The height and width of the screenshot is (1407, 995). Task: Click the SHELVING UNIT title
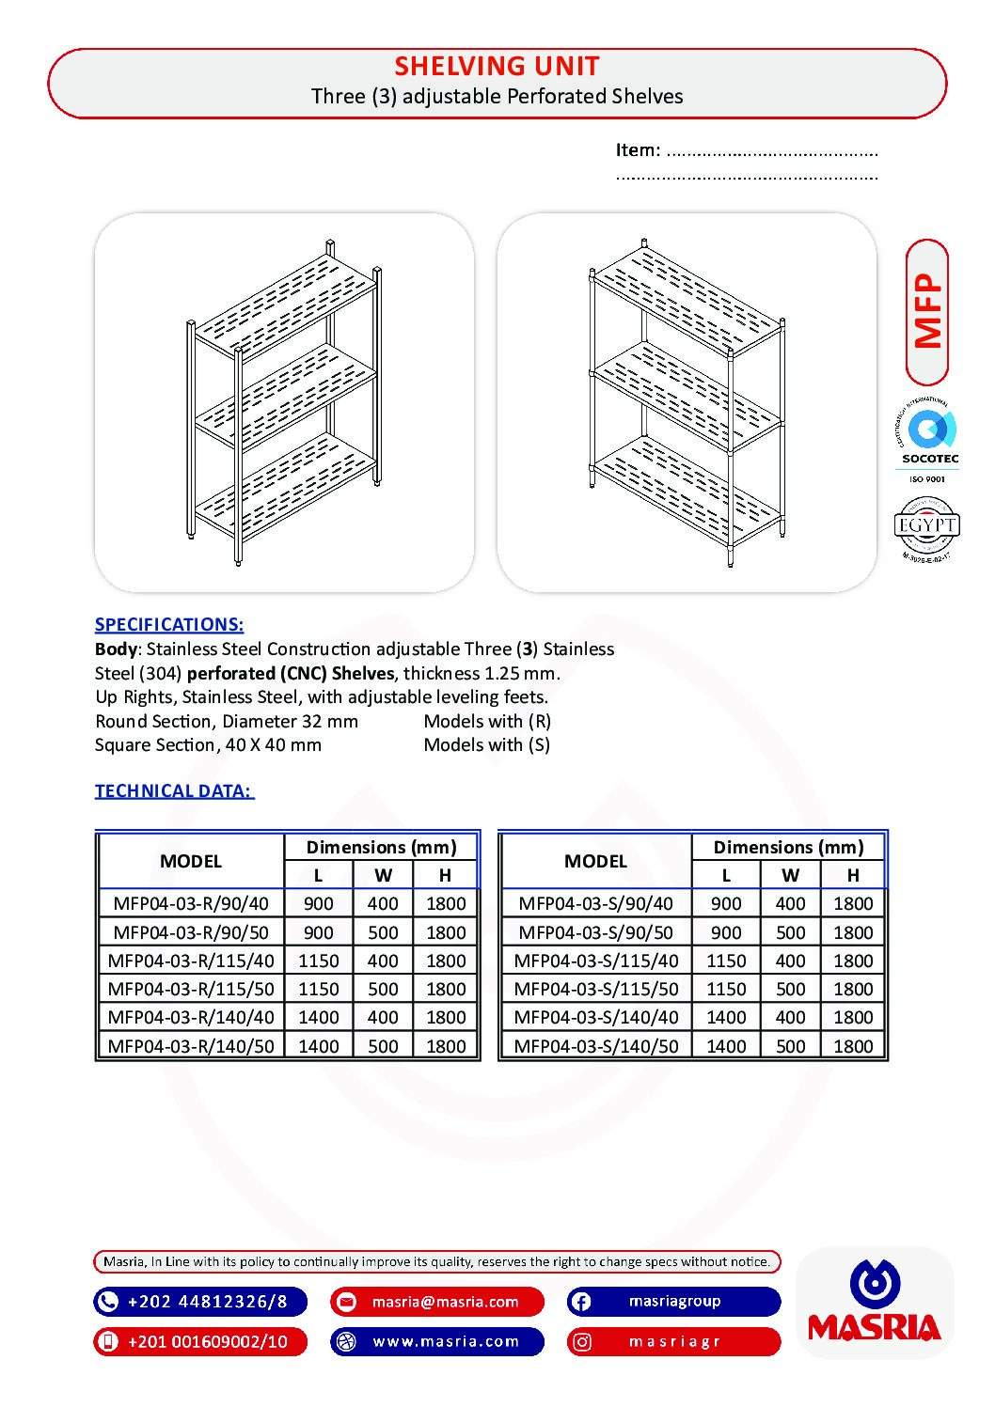coord(497,66)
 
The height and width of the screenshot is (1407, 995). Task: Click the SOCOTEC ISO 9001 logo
coord(929,441)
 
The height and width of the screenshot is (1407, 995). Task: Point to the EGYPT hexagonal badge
coord(926,527)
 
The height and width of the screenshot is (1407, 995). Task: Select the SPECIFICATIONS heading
coord(169,624)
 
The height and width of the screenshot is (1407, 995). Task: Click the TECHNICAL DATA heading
coord(174,790)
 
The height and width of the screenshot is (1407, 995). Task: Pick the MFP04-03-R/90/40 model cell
coord(191,903)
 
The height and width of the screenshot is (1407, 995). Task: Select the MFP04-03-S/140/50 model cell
coord(595,1045)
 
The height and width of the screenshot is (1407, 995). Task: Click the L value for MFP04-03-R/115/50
coord(318,989)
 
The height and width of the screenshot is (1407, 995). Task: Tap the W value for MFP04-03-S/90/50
coord(790,932)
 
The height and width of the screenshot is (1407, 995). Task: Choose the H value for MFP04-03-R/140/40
coord(446,1017)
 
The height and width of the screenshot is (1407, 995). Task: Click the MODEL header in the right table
coord(595,861)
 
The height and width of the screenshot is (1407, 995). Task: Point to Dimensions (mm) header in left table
coord(381,847)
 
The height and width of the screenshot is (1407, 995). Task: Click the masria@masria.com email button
coord(437,1302)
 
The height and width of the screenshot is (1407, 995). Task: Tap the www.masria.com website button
coord(437,1341)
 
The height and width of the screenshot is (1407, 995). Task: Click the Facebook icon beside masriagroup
coord(581,1302)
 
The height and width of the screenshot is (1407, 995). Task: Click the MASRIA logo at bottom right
coord(875,1302)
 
